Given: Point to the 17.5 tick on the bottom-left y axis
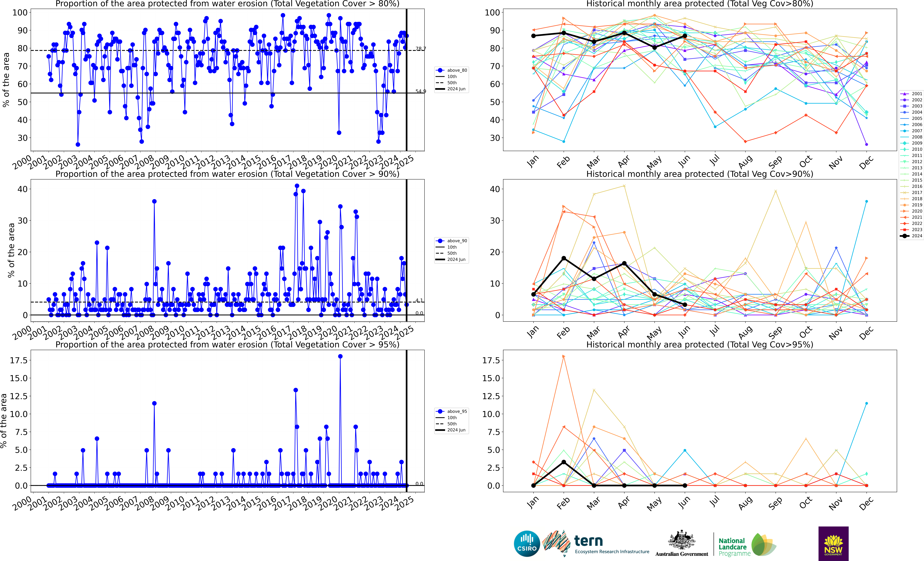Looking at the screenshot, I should coord(19,360).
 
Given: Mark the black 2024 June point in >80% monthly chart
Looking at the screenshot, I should coord(685,36).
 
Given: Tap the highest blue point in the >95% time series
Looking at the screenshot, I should coord(340,356).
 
